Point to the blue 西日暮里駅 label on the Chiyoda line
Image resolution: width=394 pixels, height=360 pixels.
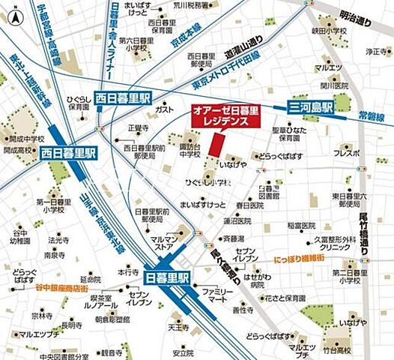123,97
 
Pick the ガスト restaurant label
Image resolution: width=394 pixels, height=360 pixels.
163,109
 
